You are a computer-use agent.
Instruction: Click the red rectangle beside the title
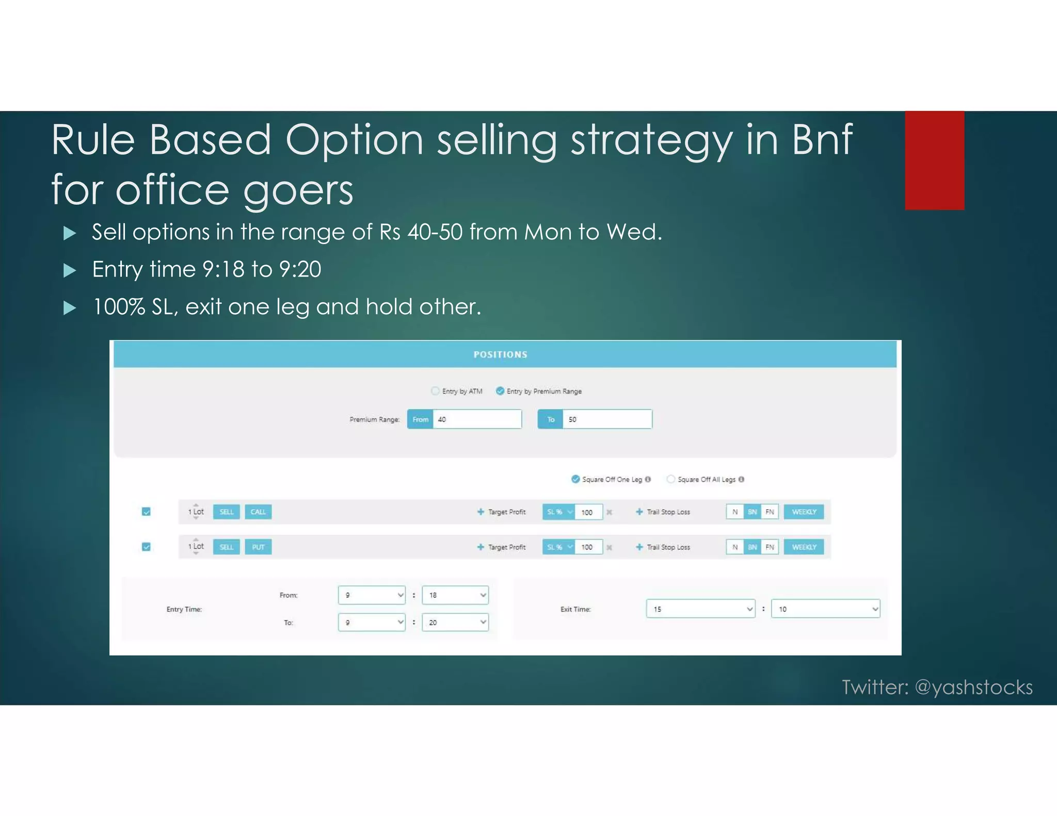[x=934, y=160]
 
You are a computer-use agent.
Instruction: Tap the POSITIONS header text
[x=500, y=354]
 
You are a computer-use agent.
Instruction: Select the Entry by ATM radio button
[x=435, y=391]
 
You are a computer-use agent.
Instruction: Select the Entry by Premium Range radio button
[x=500, y=391]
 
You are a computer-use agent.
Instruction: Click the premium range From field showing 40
[x=476, y=419]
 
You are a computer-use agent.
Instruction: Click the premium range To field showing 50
[x=607, y=419]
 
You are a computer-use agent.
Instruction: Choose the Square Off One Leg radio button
[x=575, y=479]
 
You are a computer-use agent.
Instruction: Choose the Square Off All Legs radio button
[x=670, y=479]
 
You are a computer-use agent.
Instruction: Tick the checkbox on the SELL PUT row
[x=146, y=547]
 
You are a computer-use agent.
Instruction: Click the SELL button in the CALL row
[x=227, y=512]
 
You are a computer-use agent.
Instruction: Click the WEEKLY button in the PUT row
[x=804, y=547]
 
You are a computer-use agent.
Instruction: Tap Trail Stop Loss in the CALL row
[x=668, y=512]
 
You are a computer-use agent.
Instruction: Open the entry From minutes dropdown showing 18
[x=455, y=595]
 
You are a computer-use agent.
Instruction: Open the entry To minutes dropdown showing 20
[x=455, y=623]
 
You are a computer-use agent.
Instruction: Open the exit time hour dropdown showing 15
[x=700, y=609]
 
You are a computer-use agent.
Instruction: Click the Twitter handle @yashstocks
[x=973, y=687]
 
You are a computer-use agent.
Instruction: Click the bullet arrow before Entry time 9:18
[x=70, y=270]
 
